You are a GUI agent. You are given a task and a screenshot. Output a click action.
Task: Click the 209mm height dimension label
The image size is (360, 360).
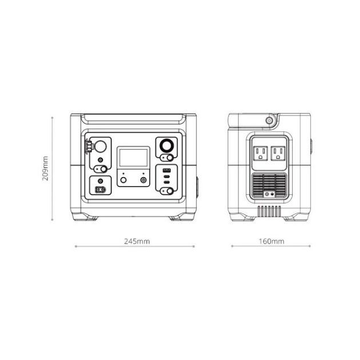click(46, 169)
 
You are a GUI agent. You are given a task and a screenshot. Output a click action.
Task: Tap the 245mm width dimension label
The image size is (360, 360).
click(137, 241)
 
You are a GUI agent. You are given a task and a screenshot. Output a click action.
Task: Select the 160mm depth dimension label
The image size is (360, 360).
click(271, 241)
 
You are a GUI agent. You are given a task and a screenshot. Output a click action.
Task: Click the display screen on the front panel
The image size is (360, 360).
click(133, 158)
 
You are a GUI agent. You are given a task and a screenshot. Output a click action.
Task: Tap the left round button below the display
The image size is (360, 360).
click(123, 180)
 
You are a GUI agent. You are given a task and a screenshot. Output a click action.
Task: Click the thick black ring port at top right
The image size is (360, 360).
click(166, 146)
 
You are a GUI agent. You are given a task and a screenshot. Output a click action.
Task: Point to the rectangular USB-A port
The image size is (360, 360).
click(166, 171)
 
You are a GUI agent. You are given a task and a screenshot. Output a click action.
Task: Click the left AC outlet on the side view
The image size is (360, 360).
click(261, 153)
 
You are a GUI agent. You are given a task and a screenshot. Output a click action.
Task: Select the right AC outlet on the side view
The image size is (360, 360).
click(278, 153)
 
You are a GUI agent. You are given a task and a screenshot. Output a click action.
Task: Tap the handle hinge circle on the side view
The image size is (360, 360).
click(269, 120)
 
